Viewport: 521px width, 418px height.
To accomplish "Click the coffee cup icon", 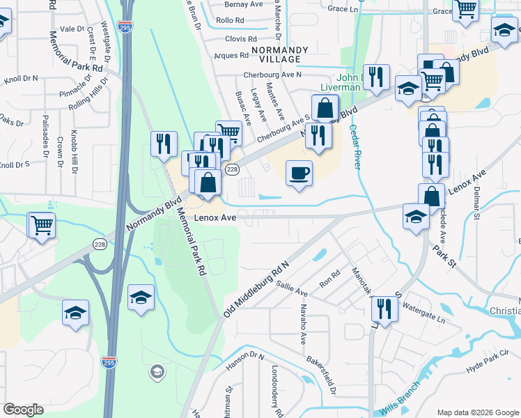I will coord(299,173).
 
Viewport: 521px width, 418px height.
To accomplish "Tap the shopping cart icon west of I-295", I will coord(42,226).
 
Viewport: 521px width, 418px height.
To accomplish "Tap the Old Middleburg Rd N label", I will coord(256,286).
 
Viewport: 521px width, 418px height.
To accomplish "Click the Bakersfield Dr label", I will coord(321,375).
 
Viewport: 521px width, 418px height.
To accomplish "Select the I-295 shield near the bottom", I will coord(108,362).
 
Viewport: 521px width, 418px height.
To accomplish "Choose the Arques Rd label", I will coord(232,55).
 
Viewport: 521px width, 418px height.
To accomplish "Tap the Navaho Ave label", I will coord(304,324).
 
